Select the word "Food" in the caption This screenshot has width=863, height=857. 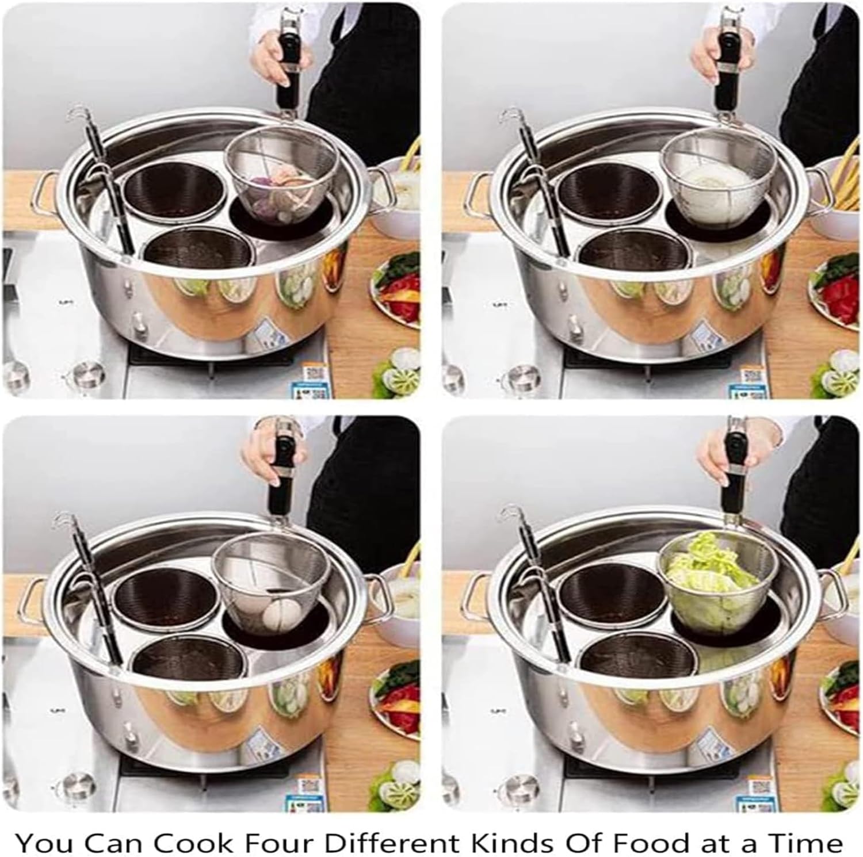(650, 843)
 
